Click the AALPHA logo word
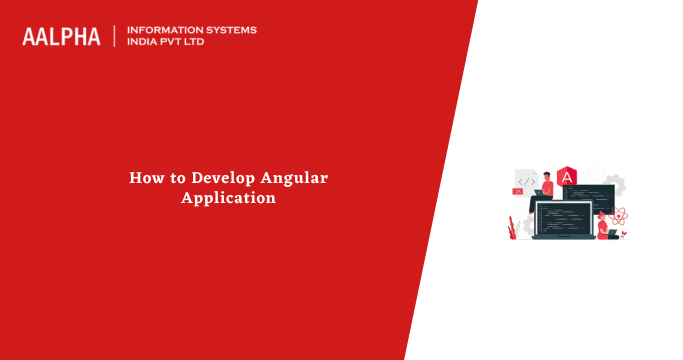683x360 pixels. tap(61, 37)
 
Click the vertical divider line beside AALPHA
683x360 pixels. tap(115, 37)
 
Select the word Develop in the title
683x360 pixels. tap(223, 178)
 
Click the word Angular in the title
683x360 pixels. tap(294, 178)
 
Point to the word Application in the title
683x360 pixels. tap(228, 198)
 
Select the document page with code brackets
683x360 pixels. tap(526, 180)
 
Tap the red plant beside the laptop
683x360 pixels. tap(512, 227)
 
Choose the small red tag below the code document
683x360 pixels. tap(518, 190)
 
